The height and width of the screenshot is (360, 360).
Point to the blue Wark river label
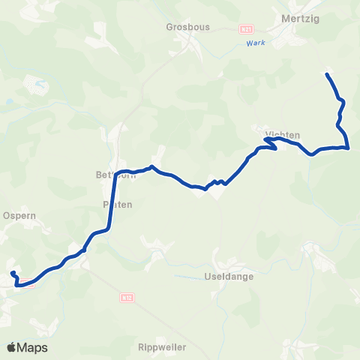click(256, 43)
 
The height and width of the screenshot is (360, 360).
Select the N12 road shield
click(126, 297)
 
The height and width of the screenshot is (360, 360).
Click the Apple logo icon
click(12, 347)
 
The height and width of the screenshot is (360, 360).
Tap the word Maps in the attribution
click(33, 347)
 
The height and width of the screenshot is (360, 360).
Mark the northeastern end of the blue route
click(327, 73)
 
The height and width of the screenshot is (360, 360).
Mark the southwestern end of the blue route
click(12, 271)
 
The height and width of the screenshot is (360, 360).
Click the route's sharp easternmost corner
click(349, 148)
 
